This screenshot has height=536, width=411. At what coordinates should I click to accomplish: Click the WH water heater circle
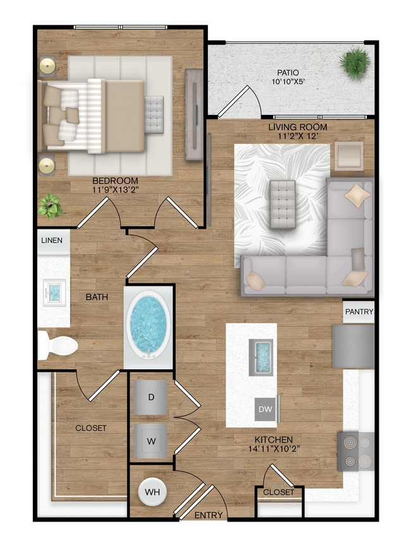[152, 491]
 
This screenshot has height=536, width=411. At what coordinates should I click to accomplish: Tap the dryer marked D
[151, 397]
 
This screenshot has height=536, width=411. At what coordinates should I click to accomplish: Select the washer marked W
[151, 438]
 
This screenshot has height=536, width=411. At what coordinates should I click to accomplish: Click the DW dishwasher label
[266, 410]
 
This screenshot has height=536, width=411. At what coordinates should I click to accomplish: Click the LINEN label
[52, 241]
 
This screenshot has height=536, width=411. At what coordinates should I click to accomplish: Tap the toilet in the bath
[57, 344]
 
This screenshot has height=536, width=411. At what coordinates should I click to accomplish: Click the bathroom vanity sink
[54, 292]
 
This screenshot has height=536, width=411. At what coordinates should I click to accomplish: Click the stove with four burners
[356, 451]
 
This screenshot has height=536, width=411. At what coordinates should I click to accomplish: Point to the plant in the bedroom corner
[49, 205]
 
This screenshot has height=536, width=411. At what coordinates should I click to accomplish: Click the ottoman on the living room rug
[282, 204]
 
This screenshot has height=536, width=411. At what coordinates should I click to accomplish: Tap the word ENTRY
[208, 515]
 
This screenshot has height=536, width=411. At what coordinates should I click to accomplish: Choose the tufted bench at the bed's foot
[154, 114]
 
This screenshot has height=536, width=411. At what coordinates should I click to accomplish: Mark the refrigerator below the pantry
[353, 346]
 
